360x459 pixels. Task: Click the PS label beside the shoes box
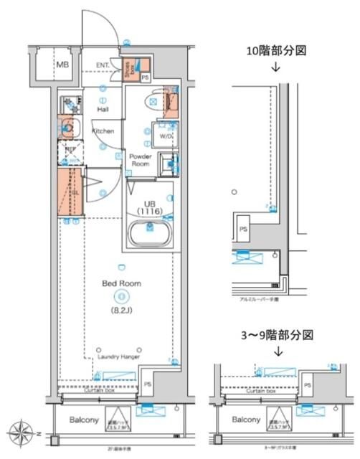coord(145,77)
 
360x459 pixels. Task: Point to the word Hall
coord(103,110)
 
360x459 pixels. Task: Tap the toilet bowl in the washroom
coord(153,101)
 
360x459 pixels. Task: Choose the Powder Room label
coord(139,159)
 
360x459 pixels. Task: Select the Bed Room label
coord(121,283)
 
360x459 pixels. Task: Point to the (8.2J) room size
coord(121,311)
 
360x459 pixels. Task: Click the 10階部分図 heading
coord(275,51)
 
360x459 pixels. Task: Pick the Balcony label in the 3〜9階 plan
coord(245,419)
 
